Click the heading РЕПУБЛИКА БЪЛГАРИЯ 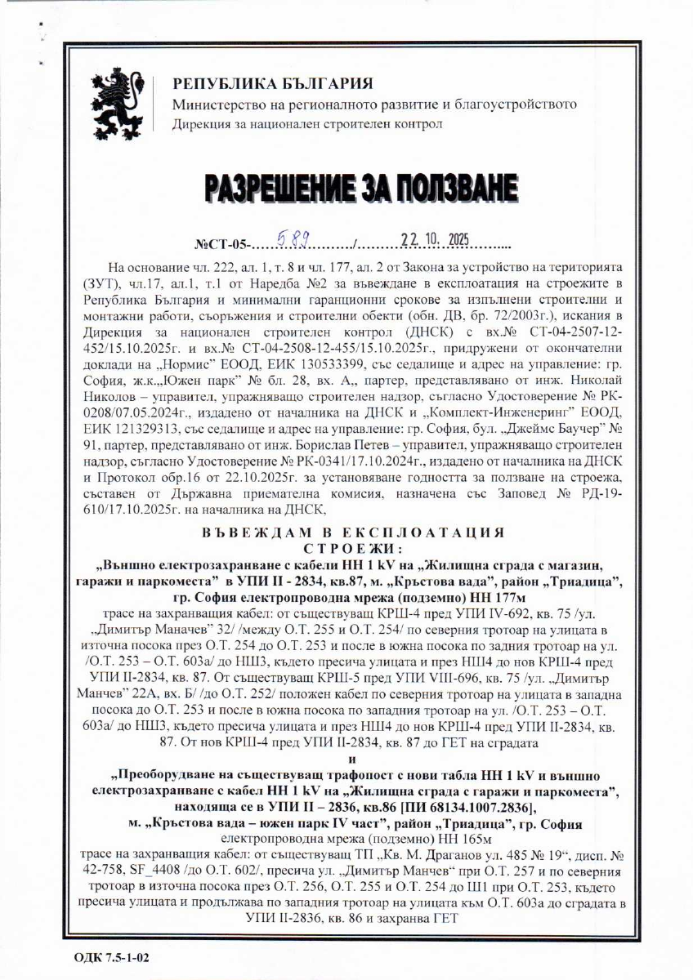pyautogui.click(x=273, y=85)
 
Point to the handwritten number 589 pyautogui.click(x=293, y=241)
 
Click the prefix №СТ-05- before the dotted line pyautogui.click(x=220, y=244)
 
